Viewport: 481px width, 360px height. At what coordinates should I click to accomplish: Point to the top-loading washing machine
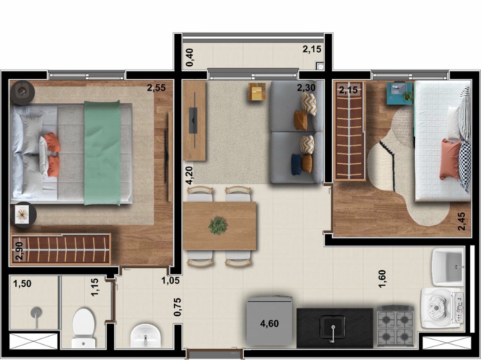coord(442,308)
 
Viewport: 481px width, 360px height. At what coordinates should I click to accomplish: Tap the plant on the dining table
coord(218,225)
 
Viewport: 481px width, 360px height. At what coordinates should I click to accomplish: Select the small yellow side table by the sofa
coord(257,92)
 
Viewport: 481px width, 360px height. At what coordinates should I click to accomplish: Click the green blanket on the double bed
coord(102,153)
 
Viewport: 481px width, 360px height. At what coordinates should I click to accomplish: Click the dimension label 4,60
coord(270,323)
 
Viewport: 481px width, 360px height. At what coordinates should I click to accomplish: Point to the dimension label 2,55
coord(156,87)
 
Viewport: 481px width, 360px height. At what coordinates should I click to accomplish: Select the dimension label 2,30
coord(306,87)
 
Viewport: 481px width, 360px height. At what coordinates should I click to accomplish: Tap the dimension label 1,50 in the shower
coord(22,284)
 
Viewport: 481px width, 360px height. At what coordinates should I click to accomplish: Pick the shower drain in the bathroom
coord(36,312)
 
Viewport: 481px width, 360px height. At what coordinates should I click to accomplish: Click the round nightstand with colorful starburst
coord(22,215)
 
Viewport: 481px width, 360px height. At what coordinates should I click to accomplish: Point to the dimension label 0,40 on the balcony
coord(190,57)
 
